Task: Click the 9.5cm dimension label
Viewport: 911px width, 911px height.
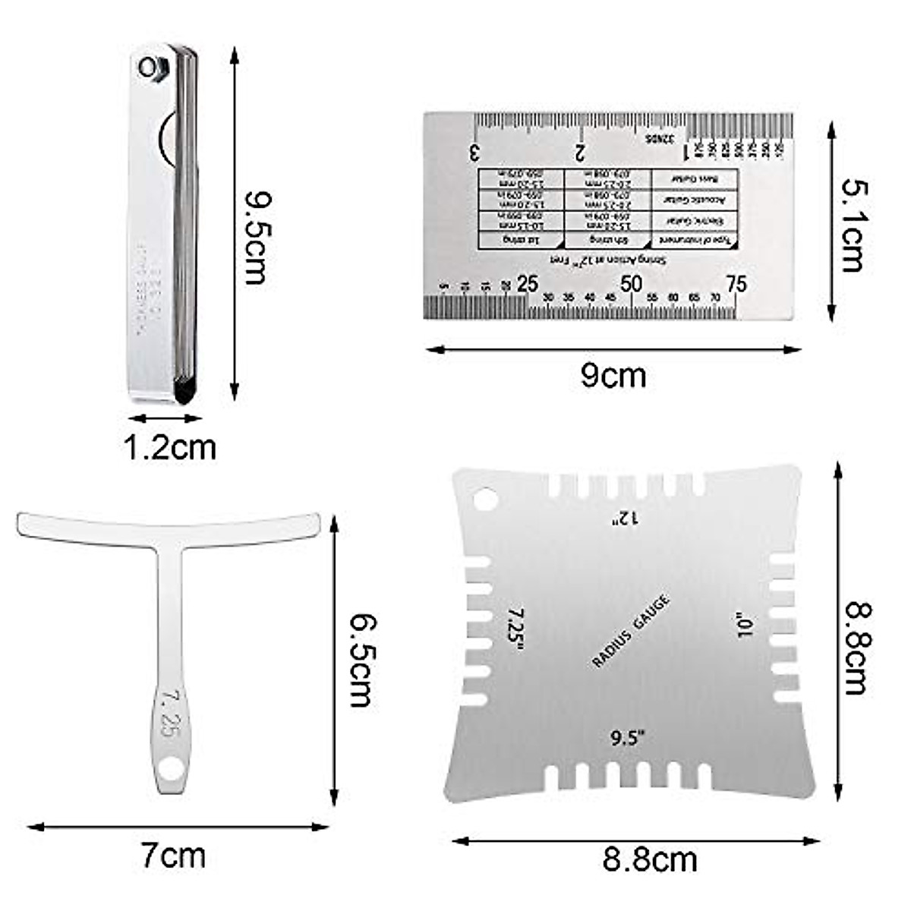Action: (256, 237)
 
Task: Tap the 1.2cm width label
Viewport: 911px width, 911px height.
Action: (169, 447)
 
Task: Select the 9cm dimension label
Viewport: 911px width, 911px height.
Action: (613, 376)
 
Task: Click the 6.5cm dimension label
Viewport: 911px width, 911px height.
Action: (361, 660)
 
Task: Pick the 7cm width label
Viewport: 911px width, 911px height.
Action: (173, 856)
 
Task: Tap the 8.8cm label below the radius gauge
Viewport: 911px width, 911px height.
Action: (649, 860)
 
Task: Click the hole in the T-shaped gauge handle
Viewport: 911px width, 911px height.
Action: (174, 769)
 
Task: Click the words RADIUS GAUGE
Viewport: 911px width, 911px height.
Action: (630, 632)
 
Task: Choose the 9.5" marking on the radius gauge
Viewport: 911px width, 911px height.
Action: (628, 736)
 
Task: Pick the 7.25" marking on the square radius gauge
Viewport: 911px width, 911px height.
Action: (516, 627)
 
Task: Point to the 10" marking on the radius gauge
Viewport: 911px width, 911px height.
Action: (744, 626)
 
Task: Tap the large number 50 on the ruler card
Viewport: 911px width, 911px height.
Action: (632, 284)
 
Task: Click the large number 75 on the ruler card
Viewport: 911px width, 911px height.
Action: (736, 284)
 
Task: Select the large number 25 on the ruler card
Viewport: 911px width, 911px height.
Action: (527, 284)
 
